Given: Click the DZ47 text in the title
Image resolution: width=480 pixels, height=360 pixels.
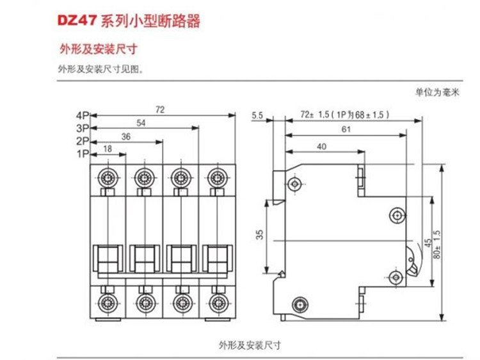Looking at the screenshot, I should pos(77,21).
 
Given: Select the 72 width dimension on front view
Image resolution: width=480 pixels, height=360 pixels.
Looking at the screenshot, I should pos(160,110).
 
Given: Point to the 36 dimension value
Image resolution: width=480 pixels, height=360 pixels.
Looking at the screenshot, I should pos(125,135).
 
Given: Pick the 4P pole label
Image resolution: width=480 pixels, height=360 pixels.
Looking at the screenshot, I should pos(81,116).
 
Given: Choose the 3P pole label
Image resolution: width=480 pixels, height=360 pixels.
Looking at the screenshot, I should pos(81,128).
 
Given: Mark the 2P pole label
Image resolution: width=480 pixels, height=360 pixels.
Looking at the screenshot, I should pos(81,141).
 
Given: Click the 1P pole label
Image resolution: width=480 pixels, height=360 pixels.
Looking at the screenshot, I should pos(82,154).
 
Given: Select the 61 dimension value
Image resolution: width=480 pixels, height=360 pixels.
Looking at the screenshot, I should pos(345,129).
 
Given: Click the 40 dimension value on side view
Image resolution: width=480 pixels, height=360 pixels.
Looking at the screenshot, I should pos(322,147).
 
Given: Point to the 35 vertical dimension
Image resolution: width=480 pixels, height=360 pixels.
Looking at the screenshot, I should pos(259,235).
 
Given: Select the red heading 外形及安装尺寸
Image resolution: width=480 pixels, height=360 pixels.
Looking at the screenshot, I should pos(99,49).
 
